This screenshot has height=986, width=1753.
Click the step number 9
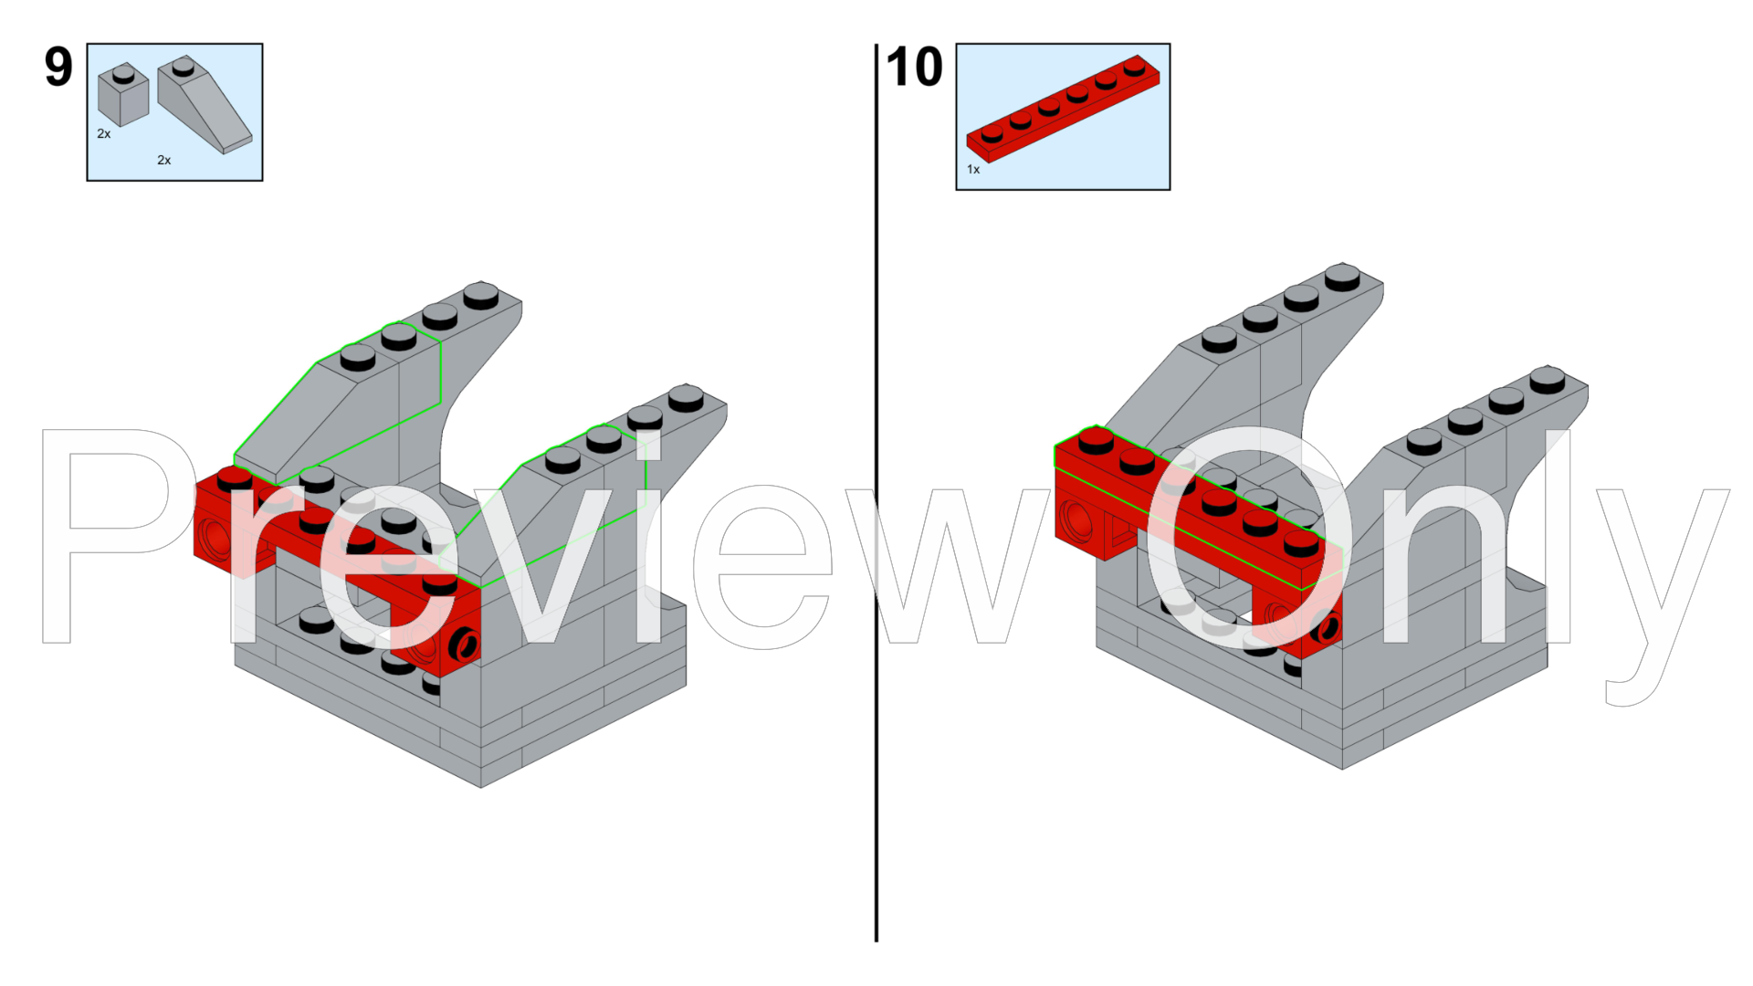click(58, 67)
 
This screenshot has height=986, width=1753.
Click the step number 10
click(914, 67)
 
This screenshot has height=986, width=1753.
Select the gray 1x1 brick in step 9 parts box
click(123, 94)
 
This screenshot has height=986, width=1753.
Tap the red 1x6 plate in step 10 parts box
click(1063, 109)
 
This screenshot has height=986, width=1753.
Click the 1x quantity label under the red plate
click(973, 170)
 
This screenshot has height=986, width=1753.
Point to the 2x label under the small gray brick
click(104, 134)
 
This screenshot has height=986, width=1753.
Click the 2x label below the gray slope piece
click(164, 161)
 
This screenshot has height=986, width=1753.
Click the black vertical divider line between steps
click(876, 492)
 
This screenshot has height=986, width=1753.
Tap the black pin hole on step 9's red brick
click(465, 644)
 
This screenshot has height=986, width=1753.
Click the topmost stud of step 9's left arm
click(481, 294)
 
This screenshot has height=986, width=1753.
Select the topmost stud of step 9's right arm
click(686, 397)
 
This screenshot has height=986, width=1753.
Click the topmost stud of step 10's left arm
click(1342, 276)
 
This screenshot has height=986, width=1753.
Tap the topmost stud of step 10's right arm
click(1548, 378)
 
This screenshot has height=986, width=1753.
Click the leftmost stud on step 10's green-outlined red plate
click(1096, 440)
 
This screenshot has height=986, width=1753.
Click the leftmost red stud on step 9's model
click(235, 478)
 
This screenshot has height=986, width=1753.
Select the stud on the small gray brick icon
click(123, 72)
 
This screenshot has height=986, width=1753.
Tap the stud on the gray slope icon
click(184, 66)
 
